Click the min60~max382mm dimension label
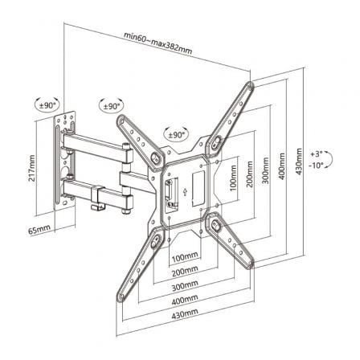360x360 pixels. (x=158, y=43)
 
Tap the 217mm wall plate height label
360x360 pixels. (x=32, y=168)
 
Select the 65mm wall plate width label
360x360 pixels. (x=39, y=230)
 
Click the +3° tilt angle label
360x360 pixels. (x=317, y=154)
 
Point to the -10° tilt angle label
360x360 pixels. (x=317, y=165)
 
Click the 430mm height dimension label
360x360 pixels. (x=299, y=162)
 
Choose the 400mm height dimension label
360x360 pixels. (x=281, y=166)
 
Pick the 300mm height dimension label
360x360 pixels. (x=265, y=170)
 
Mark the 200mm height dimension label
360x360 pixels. (x=249, y=174)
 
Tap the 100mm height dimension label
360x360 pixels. (x=233, y=178)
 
